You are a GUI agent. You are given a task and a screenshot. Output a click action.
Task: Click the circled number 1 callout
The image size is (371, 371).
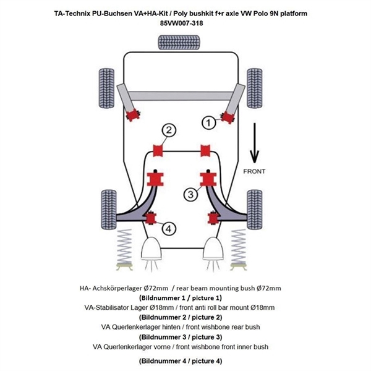point(208,124)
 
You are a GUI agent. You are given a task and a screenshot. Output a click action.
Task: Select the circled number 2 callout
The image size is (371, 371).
point(168,130)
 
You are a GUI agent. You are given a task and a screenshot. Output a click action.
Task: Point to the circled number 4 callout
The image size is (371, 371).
point(168,228)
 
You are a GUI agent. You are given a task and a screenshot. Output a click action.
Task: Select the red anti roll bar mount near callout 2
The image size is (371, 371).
point(158,150)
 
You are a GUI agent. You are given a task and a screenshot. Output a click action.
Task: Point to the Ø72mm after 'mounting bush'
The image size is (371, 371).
point(267,288)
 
